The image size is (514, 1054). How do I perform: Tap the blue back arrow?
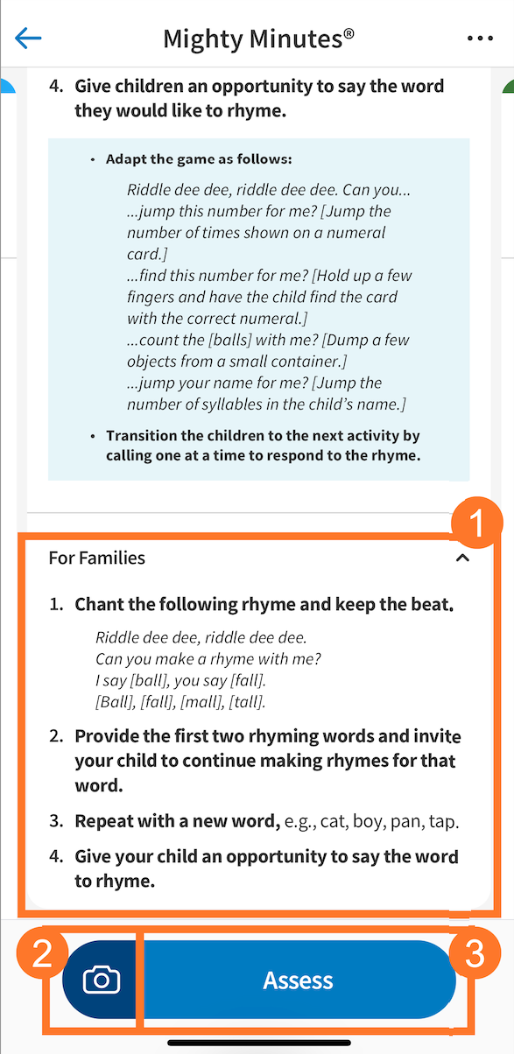pyautogui.click(x=29, y=38)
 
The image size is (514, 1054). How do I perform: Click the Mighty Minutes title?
pyautogui.click(x=258, y=39)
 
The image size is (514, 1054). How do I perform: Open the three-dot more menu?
pyautogui.click(x=481, y=39)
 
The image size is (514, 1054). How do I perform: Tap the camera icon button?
pyautogui.click(x=102, y=980)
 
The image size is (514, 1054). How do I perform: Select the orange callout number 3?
pyautogui.click(x=473, y=954)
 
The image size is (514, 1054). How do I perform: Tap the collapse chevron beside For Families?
pyautogui.click(x=463, y=558)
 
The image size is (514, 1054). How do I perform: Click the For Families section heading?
pyautogui.click(x=97, y=558)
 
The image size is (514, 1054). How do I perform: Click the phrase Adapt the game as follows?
pyautogui.click(x=199, y=159)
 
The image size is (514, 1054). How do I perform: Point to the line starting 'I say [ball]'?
pyautogui.click(x=180, y=680)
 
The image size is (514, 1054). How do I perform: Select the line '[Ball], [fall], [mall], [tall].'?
pyautogui.click(x=180, y=702)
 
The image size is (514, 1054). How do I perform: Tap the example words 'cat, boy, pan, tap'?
pyautogui.click(x=392, y=822)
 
